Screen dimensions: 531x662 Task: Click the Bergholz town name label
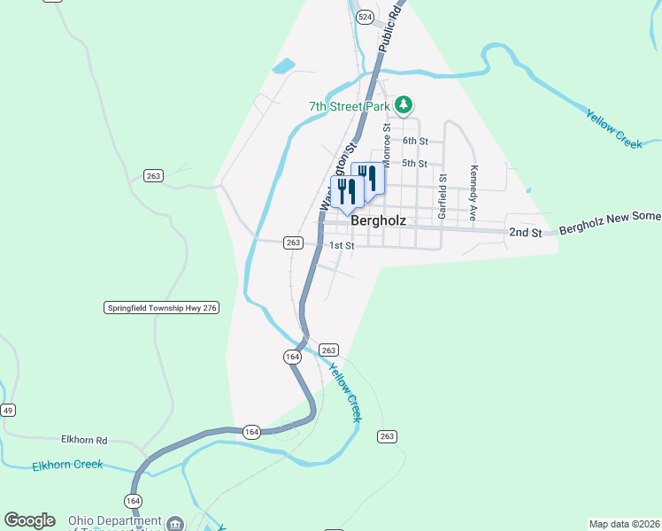(378, 220)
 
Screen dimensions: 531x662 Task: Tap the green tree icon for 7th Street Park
(404, 106)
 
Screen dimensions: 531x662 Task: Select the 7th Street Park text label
(350, 106)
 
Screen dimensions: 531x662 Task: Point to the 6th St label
(415, 141)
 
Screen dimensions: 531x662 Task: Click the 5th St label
(415, 164)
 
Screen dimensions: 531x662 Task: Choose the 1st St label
(342, 245)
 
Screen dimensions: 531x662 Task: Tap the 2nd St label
(525, 232)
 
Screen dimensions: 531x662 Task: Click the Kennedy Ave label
(474, 193)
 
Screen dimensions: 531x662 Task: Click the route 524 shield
(365, 17)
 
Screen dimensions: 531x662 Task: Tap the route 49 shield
(8, 410)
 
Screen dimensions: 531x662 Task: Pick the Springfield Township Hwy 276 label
(161, 308)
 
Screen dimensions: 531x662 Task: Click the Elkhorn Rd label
(84, 439)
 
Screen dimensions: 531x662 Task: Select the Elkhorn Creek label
(68, 466)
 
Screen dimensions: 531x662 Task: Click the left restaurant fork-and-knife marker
(346, 192)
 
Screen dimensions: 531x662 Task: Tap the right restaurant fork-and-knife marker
(368, 178)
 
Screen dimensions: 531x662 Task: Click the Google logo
(29, 520)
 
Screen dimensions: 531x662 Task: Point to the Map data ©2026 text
(624, 524)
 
